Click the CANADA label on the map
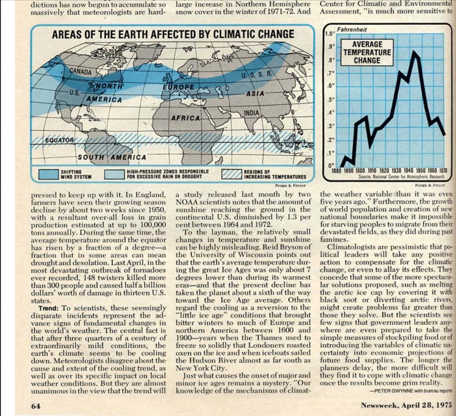tap(81, 72)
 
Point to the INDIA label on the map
tap(251, 112)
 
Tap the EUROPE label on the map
tap(178, 87)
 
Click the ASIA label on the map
tap(255, 93)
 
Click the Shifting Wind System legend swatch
tap(47, 174)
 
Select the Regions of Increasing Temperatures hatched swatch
tap(232, 174)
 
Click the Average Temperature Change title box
tap(367, 52)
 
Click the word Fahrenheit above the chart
tap(352, 29)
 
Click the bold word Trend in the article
tap(47, 308)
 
